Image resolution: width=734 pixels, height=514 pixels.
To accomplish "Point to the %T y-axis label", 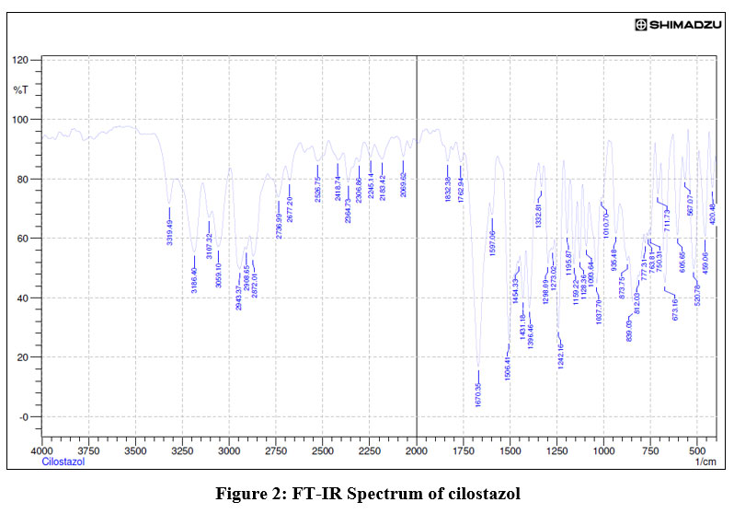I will pos(20,89).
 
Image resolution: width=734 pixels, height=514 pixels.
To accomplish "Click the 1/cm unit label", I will pos(705,462).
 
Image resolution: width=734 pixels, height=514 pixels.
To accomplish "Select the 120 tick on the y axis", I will pos(21,60).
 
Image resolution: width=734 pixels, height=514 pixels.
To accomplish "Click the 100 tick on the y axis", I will pos(21,120).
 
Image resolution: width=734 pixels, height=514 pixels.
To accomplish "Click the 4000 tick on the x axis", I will pos(41,450).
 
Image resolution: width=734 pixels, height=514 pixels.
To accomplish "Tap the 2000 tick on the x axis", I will pos(417,450).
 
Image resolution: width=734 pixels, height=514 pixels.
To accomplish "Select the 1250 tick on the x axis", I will pos(557,450).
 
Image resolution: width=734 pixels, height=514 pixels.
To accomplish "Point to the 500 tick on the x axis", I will pos(698,450).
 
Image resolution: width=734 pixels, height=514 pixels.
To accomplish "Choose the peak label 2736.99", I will pos(278,225).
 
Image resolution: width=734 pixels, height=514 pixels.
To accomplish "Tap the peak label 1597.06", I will pos(492,244).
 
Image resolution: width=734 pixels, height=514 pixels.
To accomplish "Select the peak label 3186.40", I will pos(194,278).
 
